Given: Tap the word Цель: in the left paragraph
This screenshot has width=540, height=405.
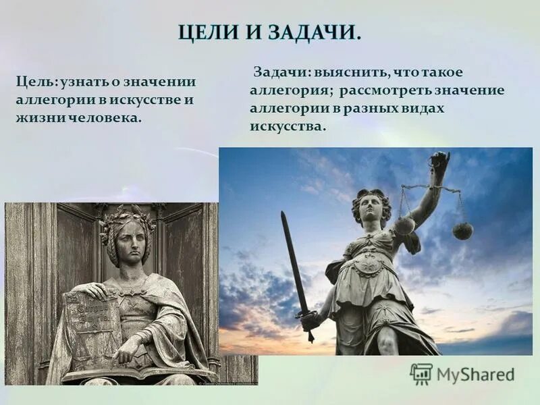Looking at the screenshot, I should pos(36,82).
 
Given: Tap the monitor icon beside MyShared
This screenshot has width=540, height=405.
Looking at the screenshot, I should pos(421,373).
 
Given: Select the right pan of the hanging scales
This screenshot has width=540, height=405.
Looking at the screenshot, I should pos(463,231).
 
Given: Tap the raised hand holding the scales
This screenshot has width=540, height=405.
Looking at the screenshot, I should pos(439,162).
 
